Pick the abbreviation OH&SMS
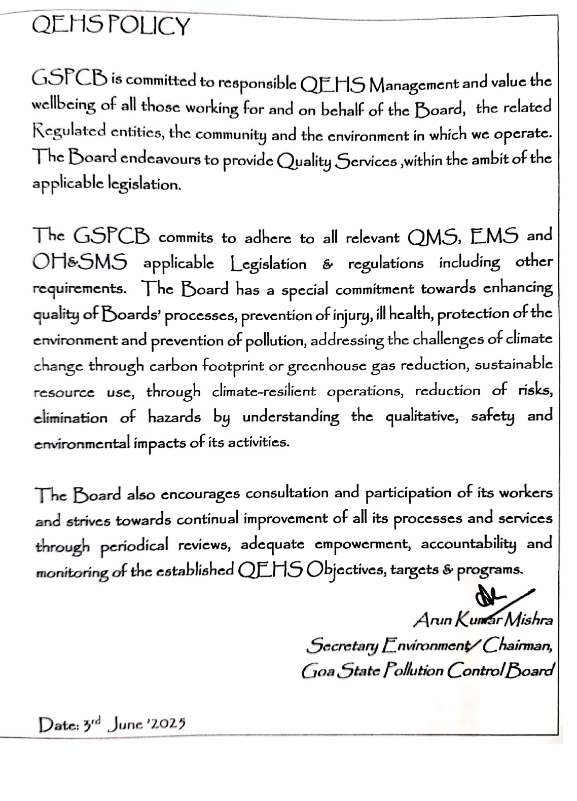click(x=80, y=262)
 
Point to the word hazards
click(x=174, y=417)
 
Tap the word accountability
click(x=468, y=545)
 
